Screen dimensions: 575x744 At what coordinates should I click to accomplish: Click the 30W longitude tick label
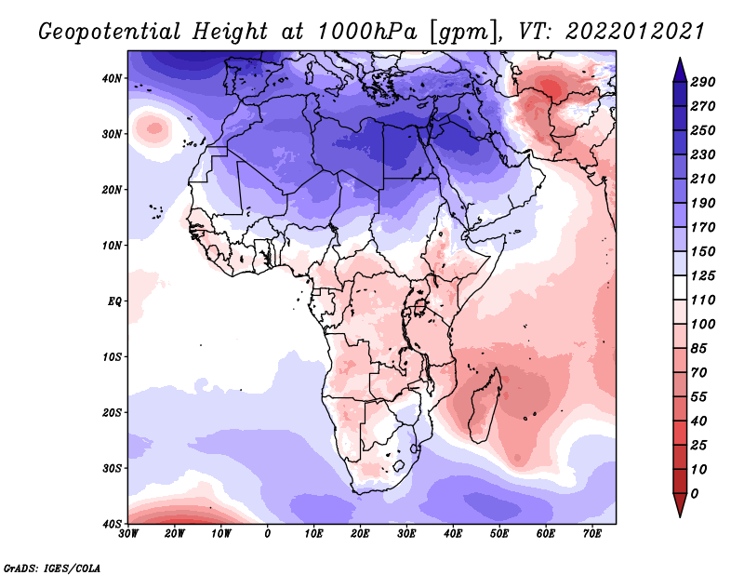point(128,533)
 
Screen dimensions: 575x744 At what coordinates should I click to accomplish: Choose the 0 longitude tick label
point(268,533)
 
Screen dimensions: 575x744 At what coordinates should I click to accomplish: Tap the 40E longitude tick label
point(453,533)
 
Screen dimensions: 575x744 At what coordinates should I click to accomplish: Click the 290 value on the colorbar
point(703,82)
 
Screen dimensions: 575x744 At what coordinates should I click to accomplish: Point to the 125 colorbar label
point(703,276)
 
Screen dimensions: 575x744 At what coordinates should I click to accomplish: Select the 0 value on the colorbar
point(695,493)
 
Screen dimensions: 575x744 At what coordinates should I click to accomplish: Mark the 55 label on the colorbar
point(699,395)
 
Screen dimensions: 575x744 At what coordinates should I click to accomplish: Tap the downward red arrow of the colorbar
point(680,507)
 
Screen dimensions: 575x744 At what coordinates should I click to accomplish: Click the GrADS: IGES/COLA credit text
point(52,568)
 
